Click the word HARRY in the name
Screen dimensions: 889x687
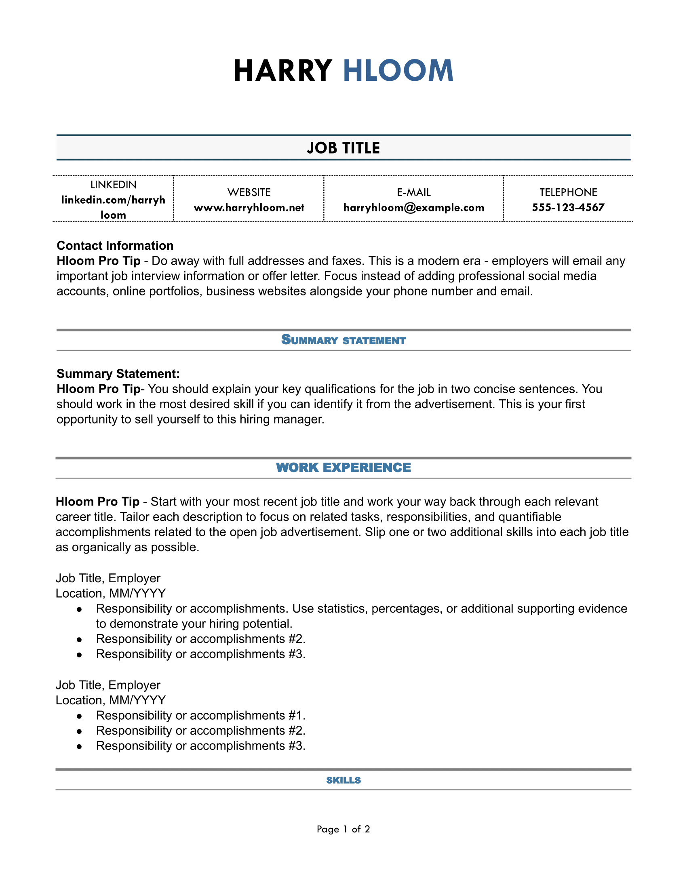point(282,71)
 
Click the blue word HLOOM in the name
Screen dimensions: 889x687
point(398,71)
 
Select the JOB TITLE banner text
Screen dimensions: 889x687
point(343,148)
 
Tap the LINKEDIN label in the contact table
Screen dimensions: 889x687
point(113,185)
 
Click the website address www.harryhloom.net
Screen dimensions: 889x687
point(249,208)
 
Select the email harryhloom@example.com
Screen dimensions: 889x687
point(413,208)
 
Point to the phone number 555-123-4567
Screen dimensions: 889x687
point(568,208)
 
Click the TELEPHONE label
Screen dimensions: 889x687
point(568,192)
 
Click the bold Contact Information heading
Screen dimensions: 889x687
point(115,245)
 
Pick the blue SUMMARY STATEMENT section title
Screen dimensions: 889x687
point(343,340)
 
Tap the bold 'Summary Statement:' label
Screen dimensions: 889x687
point(118,373)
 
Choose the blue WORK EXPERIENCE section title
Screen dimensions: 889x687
point(343,467)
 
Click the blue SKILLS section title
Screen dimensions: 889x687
point(343,780)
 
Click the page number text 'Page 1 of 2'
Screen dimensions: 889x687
point(343,829)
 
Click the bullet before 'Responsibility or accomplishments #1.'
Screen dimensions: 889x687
point(80,716)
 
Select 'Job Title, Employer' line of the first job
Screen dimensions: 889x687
point(108,578)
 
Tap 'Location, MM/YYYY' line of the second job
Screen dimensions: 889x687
point(110,700)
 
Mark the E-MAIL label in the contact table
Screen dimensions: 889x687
point(413,192)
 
